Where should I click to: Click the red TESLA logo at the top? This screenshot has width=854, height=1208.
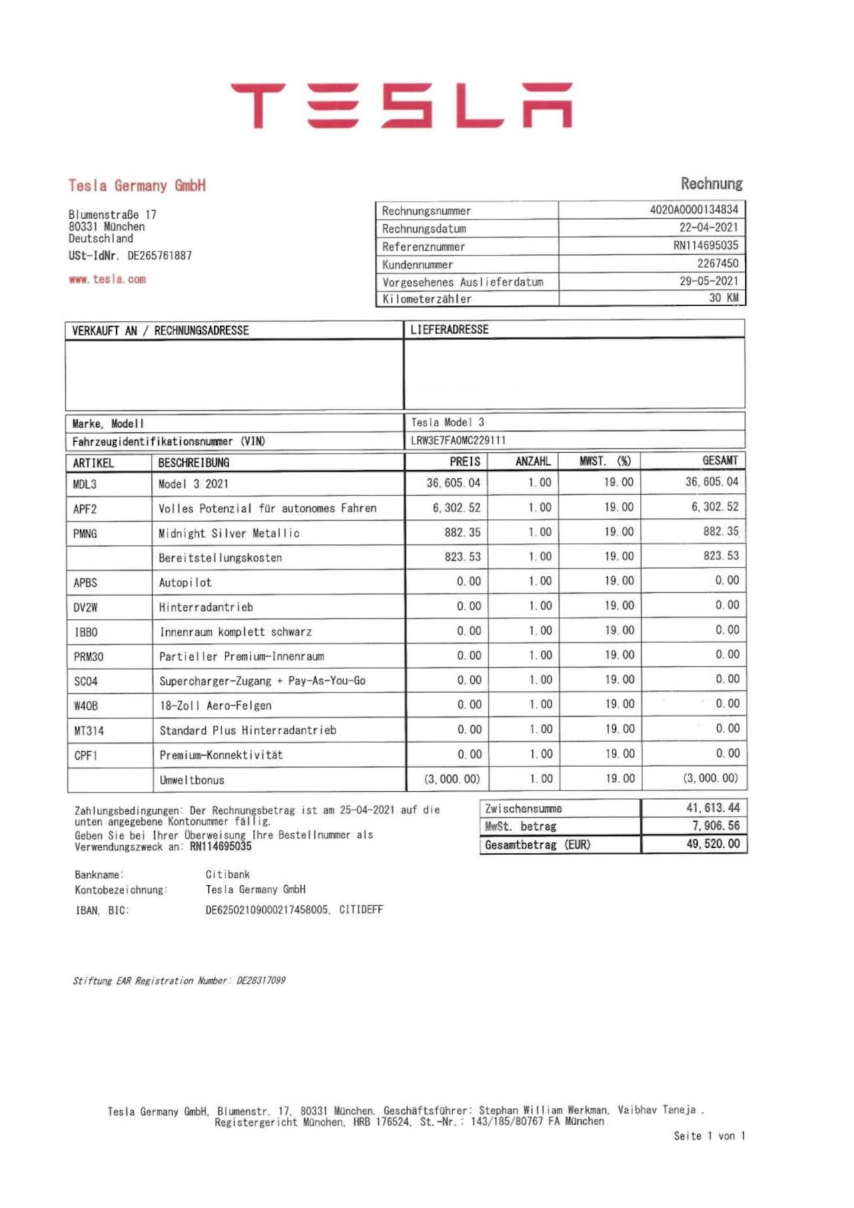[x=401, y=105]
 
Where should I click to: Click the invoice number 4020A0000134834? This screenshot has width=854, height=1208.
[x=694, y=209]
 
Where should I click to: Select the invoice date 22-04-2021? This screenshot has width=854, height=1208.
[x=709, y=227]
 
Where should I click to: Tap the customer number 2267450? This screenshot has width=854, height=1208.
[x=717, y=263]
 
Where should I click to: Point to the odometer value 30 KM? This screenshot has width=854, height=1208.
[x=723, y=298]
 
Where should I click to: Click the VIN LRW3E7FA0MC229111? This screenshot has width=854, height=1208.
[x=458, y=440]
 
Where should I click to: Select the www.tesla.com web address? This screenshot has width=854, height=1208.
[x=107, y=279]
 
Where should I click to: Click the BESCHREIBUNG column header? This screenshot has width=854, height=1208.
[x=193, y=463]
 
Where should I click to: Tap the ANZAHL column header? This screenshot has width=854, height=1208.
[x=532, y=462]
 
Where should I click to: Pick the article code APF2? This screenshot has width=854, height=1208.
[x=85, y=509]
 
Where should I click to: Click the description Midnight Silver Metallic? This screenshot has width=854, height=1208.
[x=229, y=534]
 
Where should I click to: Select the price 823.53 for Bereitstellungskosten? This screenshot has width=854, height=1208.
[x=462, y=557]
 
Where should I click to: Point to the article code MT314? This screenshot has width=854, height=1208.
[x=89, y=731]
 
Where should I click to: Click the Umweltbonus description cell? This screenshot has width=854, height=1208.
[x=191, y=780]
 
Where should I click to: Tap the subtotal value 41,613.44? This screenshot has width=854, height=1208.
[x=713, y=808]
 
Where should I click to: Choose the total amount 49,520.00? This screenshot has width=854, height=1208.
[x=712, y=844]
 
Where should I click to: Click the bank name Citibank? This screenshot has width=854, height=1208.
[x=228, y=874]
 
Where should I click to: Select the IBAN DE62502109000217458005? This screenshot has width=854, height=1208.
[x=267, y=910]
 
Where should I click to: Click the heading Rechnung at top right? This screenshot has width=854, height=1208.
[x=711, y=183]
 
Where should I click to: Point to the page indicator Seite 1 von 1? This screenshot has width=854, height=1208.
[x=709, y=1136]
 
